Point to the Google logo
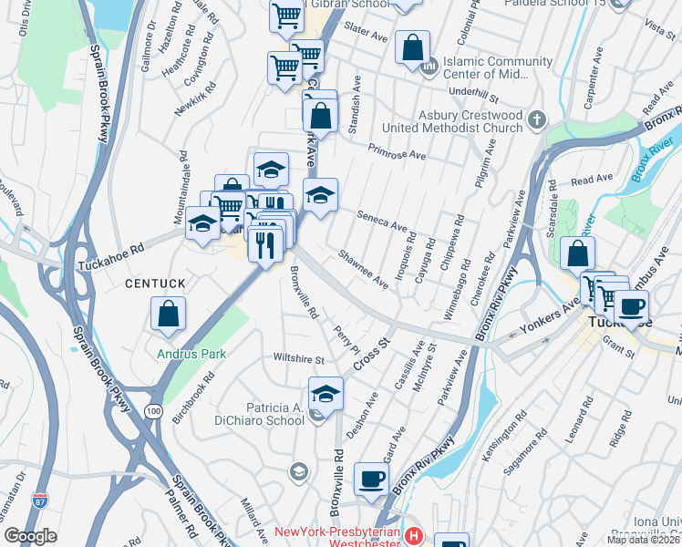tap(30, 536)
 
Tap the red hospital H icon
tap(415, 535)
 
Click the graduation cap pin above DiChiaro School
tap(325, 393)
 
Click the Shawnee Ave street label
tap(364, 271)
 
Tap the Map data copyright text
tap(643, 540)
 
